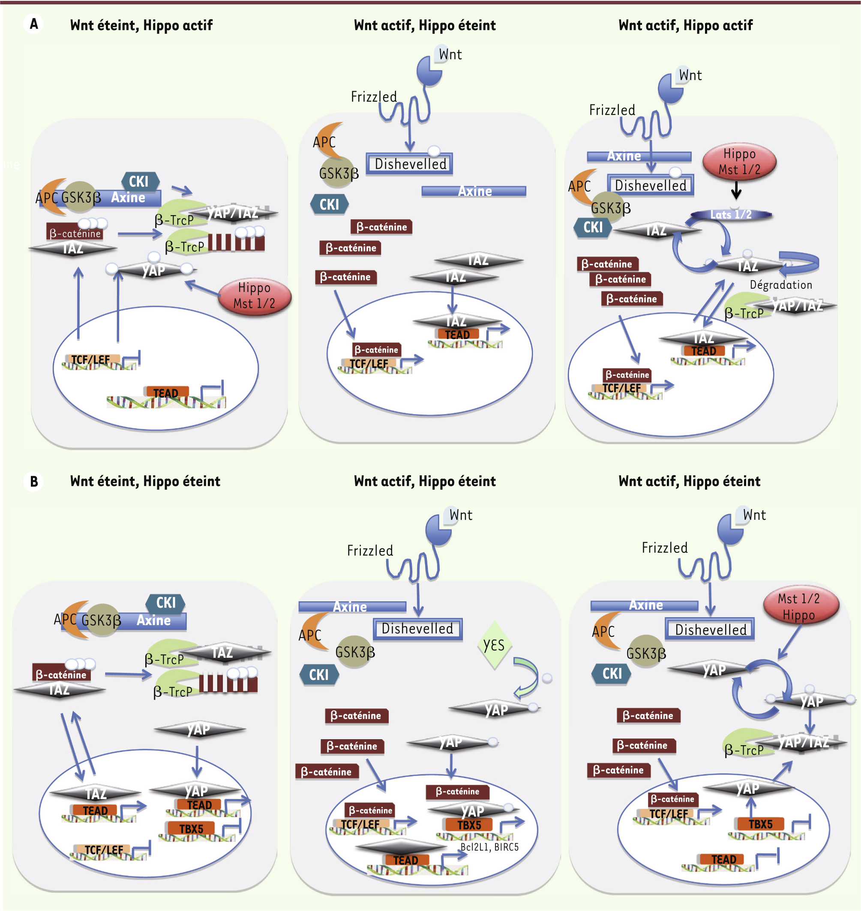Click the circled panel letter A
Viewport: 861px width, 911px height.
[x=33, y=24]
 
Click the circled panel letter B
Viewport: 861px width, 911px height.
[x=33, y=482]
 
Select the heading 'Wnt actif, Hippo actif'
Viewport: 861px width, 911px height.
[x=685, y=25]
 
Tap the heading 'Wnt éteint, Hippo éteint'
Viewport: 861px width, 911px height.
[x=145, y=482]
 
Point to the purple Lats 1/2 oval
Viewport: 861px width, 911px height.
[x=731, y=214]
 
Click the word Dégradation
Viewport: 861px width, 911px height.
[x=781, y=285]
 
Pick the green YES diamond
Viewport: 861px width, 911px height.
[x=494, y=645]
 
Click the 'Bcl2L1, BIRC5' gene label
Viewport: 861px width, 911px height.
[x=489, y=847]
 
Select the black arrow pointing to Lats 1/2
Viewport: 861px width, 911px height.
[x=736, y=190]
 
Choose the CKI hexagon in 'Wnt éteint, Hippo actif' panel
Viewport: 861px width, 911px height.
[x=141, y=181]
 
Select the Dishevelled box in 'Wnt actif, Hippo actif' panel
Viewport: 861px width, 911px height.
[x=650, y=186]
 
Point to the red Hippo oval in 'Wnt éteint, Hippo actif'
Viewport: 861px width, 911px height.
[x=254, y=296]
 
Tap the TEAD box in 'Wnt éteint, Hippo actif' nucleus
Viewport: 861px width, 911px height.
[x=167, y=393]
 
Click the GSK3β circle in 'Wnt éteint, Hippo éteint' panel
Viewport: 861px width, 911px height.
[x=102, y=620]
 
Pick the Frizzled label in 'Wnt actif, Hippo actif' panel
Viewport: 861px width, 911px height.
[x=612, y=110]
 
